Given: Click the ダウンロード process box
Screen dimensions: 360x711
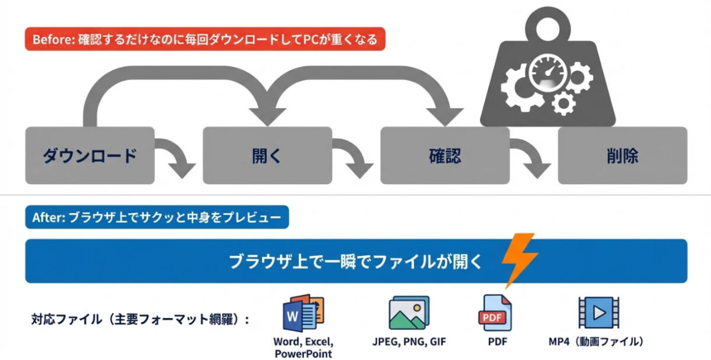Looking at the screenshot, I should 89,156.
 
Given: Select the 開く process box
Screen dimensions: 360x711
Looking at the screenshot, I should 267,156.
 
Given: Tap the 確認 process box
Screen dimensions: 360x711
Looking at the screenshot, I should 445,156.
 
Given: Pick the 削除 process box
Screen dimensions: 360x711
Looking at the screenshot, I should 622,156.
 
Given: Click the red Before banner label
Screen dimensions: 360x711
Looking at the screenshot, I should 205,40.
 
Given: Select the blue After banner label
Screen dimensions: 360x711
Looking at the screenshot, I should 157,217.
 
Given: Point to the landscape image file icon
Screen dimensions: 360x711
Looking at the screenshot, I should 409,313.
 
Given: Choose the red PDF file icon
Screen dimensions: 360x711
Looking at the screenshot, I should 495,313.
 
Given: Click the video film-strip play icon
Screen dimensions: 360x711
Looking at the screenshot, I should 598,311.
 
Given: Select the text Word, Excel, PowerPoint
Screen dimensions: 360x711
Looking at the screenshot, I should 303,348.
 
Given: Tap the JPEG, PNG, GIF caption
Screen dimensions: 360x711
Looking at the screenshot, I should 409,342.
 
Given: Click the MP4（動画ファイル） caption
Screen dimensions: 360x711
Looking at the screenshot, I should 596,342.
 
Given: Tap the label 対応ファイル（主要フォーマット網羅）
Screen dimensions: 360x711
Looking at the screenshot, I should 140,320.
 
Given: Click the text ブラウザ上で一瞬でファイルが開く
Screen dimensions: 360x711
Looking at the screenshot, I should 356,261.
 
